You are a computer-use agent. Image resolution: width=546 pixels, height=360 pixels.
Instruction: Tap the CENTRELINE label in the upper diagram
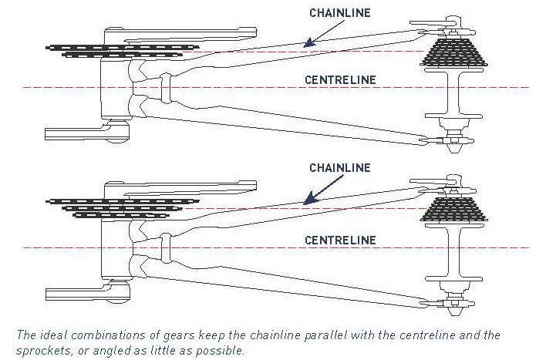click(339, 79)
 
